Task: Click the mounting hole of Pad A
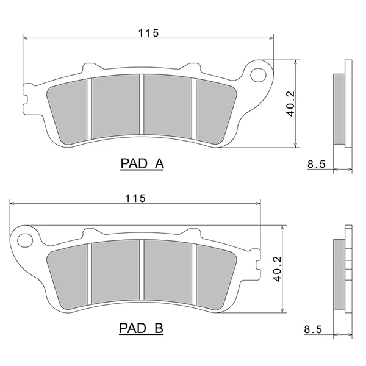pos(258,75)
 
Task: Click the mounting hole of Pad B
pos(25,241)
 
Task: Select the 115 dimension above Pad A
pos(148,33)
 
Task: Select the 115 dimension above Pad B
pos(135,198)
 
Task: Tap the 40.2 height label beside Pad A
pos(291,104)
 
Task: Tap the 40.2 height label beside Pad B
pos(278,269)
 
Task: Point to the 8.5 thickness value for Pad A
pos(316,164)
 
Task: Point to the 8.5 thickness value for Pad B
pos(313,329)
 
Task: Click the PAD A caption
pos(142,163)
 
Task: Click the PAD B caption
pos(142,328)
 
